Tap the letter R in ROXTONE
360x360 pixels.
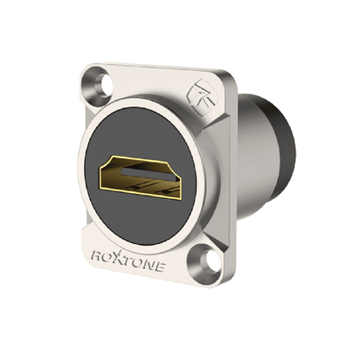[x=95, y=256]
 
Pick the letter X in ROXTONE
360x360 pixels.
[x=118, y=258]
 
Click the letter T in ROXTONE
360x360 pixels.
[x=127, y=261]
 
